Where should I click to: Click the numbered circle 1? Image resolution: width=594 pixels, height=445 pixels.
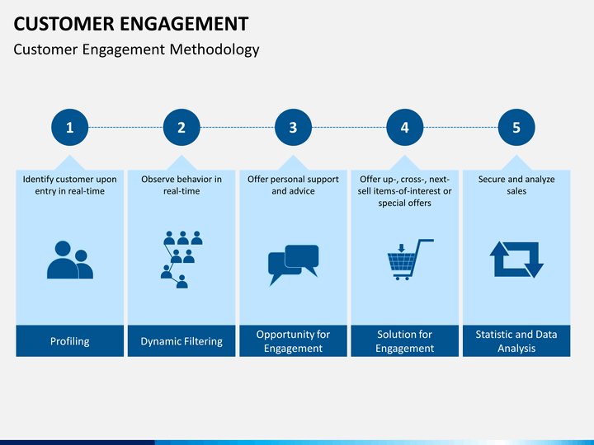point(69,127)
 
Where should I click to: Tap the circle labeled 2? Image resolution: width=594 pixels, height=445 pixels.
point(181,127)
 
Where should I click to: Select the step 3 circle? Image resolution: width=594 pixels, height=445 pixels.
point(293,127)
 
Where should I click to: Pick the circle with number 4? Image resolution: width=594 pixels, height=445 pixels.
point(404,127)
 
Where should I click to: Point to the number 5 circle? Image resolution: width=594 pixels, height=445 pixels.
point(516,127)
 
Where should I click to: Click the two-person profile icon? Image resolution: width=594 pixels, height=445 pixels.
point(70,260)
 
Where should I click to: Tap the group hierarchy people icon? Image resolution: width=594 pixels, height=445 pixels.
point(181,260)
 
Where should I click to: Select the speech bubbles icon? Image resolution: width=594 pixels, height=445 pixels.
point(293,265)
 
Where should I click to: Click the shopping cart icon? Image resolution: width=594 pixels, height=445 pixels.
point(410,260)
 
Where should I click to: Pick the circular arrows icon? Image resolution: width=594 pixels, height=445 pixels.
point(516,260)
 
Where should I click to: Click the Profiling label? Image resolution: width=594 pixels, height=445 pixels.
point(69,341)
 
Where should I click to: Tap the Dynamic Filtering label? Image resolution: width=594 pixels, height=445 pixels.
point(181,341)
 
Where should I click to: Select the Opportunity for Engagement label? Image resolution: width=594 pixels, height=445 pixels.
point(293,341)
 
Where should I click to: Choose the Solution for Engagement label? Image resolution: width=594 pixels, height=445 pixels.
point(404,341)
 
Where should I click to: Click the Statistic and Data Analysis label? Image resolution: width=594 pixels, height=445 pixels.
point(516,341)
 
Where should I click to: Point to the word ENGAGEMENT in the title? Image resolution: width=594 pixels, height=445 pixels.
point(184,23)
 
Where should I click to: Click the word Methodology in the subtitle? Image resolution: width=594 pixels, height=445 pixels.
point(214,49)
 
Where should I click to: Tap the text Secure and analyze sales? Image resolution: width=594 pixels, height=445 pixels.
point(516,185)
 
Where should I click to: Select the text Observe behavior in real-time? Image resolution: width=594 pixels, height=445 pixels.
point(181,185)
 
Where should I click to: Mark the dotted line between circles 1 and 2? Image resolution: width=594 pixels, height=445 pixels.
point(125,127)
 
